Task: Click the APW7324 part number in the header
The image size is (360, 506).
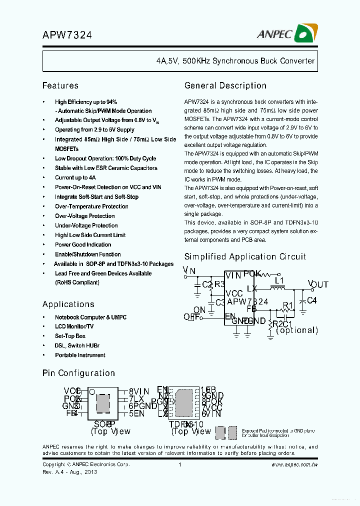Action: pyautogui.click(x=67, y=35)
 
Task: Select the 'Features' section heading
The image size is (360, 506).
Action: pyautogui.click(x=60, y=85)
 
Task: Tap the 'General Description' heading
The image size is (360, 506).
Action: pyautogui.click(x=225, y=85)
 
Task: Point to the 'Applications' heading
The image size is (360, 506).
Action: pyautogui.click(x=68, y=304)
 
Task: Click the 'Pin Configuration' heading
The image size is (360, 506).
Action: pyautogui.click(x=78, y=373)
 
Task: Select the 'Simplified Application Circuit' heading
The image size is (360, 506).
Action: pyautogui.click(x=245, y=256)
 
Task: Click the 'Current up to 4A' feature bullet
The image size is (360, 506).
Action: pyautogui.click(x=75, y=177)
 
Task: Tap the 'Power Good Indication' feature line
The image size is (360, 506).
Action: pyautogui.click(x=83, y=244)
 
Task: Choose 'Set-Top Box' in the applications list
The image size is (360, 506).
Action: pyautogui.click(x=70, y=336)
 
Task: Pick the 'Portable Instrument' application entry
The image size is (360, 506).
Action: pyautogui.click(x=80, y=355)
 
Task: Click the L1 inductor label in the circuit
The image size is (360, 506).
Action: pyautogui.click(x=279, y=280)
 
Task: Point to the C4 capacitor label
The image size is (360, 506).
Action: pyautogui.click(x=311, y=300)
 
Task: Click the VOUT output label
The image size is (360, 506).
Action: pyautogui.click(x=318, y=284)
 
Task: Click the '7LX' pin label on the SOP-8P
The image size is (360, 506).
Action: pyautogui.click(x=136, y=398)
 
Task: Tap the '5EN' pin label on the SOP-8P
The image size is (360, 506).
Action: pyautogui.click(x=136, y=413)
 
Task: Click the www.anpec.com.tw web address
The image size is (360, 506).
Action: pyautogui.click(x=294, y=464)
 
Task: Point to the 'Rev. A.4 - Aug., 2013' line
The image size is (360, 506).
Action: pyautogui.click(x=69, y=471)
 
